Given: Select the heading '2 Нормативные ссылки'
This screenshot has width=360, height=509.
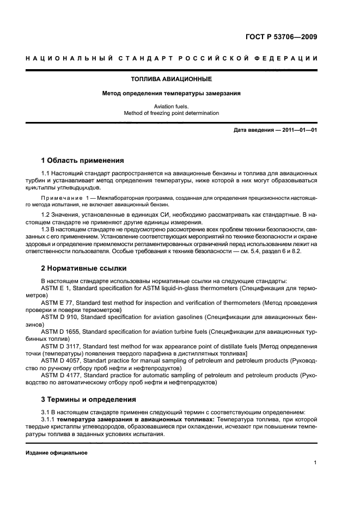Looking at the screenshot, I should [84, 268].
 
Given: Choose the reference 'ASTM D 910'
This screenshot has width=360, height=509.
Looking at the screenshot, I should [60, 316].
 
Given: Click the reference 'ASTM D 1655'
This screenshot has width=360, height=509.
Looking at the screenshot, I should [62, 331].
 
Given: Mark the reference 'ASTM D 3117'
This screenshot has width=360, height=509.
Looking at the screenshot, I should [62, 346].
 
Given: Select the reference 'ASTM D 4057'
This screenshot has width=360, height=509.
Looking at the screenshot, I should [62, 360].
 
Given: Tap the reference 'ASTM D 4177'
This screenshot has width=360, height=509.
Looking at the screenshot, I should [62, 375].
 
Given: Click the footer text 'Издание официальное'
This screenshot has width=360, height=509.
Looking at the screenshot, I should [57, 453].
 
